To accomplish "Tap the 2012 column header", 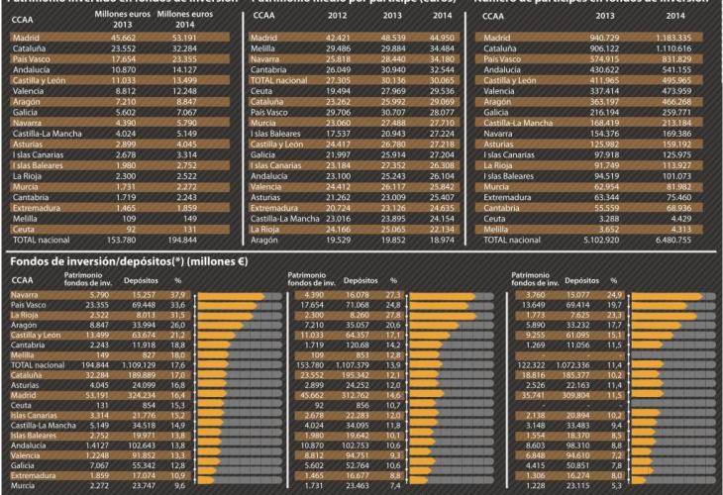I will [x=339, y=17].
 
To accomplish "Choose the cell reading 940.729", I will [x=602, y=36].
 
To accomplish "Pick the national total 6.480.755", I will [x=672, y=241].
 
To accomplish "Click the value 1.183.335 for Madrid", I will [x=672, y=36].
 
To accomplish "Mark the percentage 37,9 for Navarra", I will [x=178, y=294].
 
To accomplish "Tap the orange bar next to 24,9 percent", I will [x=655, y=294].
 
